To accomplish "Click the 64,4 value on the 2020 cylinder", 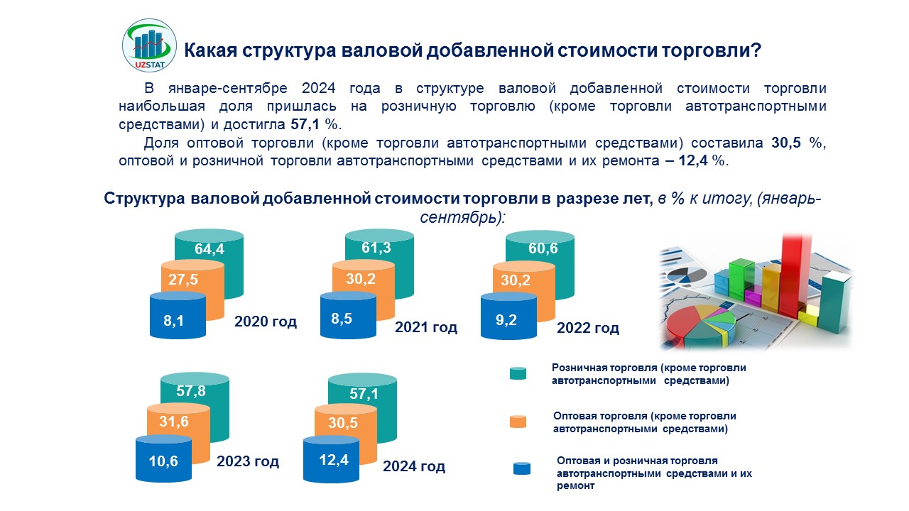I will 209,249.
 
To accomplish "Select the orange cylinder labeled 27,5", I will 183,280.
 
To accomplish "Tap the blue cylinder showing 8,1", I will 174,320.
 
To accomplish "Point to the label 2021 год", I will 426,327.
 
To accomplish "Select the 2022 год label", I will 588,328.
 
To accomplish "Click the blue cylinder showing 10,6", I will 163,461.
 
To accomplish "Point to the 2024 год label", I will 414,466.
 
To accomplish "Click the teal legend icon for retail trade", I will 518,373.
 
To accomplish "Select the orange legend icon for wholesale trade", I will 518,421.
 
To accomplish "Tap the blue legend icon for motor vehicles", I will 521,468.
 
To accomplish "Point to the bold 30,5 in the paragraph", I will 786,143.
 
